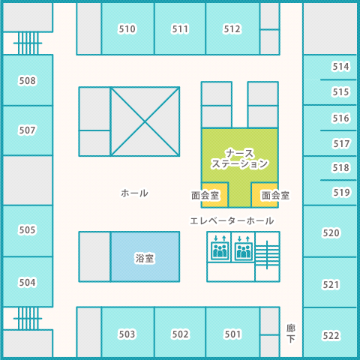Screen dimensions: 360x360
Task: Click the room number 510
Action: pyautogui.click(x=127, y=29)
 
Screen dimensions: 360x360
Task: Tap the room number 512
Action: pyautogui.click(x=232, y=29)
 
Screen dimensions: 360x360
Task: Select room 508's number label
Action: pyautogui.click(x=28, y=81)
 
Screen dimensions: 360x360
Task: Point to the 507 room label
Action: pyautogui.click(x=28, y=130)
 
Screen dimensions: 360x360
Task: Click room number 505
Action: pyautogui.click(x=28, y=230)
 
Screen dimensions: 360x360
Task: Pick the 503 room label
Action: pyautogui.click(x=127, y=334)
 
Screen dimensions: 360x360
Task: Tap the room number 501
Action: pyautogui.click(x=232, y=334)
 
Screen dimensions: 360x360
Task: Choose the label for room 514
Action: pyautogui.click(x=340, y=67)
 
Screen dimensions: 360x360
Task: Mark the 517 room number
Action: pyautogui.click(x=341, y=144)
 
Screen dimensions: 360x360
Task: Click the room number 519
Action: pyautogui.click(x=341, y=193)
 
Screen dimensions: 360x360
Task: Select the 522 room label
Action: pyautogui.click(x=331, y=336)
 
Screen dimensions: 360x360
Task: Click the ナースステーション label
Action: pyautogui.click(x=239, y=159)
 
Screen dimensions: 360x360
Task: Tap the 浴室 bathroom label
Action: pyautogui.click(x=145, y=258)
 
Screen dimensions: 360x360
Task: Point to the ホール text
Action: pyautogui.click(x=134, y=193)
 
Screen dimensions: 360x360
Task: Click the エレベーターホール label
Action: pyautogui.click(x=232, y=221)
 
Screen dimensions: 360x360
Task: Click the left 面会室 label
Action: pyautogui.click(x=205, y=196)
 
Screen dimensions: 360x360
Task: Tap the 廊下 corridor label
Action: pyautogui.click(x=291, y=334)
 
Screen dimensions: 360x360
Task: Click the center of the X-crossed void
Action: pyautogui.click(x=145, y=121)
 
